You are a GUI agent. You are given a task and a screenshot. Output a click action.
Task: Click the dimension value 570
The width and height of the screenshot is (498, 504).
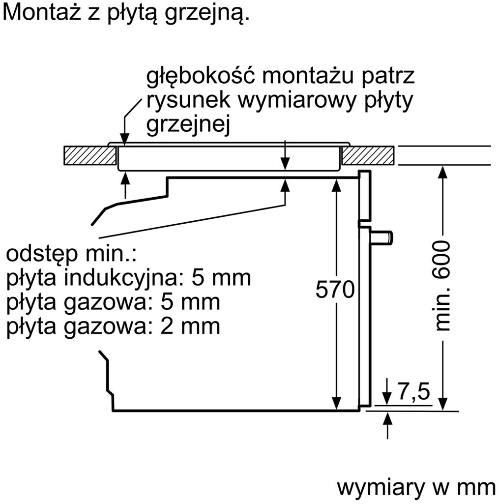tap(335, 289)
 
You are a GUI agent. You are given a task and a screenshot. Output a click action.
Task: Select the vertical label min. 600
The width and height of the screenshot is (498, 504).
tap(440, 285)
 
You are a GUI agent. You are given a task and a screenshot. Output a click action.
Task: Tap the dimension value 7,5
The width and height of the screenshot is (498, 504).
tap(414, 391)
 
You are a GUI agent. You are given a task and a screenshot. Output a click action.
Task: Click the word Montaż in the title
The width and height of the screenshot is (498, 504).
tap(42, 12)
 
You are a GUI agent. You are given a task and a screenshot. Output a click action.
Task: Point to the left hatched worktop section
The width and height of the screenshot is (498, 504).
tap(90, 155)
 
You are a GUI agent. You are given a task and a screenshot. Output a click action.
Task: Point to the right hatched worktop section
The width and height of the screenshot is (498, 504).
tap(368, 155)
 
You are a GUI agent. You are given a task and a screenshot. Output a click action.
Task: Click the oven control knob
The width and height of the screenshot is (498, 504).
tap(381, 238)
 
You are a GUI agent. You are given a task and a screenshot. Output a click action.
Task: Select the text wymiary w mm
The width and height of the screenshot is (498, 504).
tap(416, 488)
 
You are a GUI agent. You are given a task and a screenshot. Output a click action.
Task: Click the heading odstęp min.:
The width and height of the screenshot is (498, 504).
tap(71, 254)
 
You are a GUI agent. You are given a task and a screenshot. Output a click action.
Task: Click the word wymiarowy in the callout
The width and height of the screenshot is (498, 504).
tap(297, 100)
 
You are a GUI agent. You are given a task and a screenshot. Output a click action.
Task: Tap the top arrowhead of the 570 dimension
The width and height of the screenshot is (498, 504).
tap(336, 185)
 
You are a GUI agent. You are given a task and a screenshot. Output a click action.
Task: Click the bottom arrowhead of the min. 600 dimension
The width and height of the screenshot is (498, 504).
tap(443, 404)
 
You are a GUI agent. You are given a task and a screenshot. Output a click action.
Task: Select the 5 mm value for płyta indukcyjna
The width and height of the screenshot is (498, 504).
tap(221, 278)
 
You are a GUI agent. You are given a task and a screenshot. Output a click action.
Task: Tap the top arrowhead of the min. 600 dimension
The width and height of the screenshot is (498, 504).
tap(443, 172)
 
